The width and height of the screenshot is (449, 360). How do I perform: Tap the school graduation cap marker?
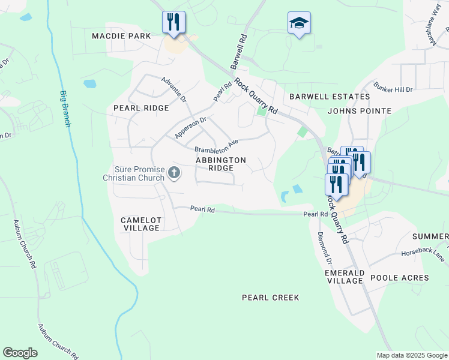299,23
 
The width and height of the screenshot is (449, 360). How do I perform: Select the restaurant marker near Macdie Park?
173,22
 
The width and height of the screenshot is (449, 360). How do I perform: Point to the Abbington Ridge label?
221,164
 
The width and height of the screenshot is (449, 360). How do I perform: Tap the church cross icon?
173,173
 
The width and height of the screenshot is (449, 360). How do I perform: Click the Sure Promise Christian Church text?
133,173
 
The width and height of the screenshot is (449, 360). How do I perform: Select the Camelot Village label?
140,224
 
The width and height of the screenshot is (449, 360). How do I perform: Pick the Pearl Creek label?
270,298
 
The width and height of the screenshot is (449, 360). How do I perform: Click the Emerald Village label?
345,277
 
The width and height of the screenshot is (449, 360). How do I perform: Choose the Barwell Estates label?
329,97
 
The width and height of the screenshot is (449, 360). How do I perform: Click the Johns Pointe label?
359,111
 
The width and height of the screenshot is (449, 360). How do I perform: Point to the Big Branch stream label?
65,109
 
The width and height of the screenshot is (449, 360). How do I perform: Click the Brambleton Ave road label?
216,146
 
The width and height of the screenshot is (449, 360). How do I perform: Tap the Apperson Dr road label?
190,128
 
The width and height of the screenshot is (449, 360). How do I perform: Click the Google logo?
20,353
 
